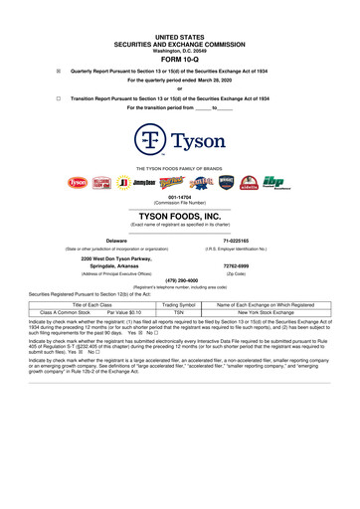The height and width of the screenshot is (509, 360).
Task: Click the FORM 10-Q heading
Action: click(180, 55)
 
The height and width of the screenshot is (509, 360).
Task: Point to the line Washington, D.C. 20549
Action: click(180, 45)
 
